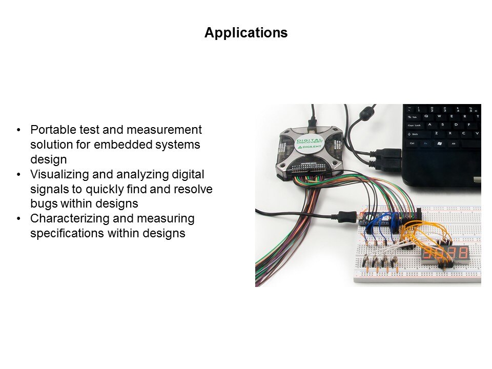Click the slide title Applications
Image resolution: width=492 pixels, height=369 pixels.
pyautogui.click(x=246, y=33)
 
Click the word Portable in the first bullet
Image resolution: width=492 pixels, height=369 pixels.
pyautogui.click(x=53, y=130)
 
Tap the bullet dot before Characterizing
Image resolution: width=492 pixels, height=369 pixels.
pyautogui.click(x=19, y=218)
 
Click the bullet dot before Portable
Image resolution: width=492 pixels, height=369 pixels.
pyautogui.click(x=19, y=130)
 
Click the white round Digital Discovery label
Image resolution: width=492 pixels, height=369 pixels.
pyautogui.click(x=310, y=144)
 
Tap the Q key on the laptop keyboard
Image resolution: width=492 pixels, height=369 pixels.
pyautogui.click(x=426, y=116)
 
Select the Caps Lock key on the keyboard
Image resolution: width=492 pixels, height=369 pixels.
pyautogui.click(x=415, y=125)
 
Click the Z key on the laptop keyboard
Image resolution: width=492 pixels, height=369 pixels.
pyautogui.click(x=436, y=134)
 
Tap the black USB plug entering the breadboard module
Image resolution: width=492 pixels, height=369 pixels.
pyautogui.click(x=347, y=216)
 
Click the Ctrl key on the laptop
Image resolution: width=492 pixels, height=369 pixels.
pyautogui.click(x=412, y=143)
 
